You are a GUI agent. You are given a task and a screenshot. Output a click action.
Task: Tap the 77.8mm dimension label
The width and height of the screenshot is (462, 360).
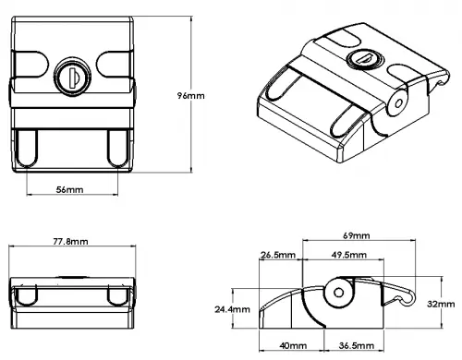pyautogui.click(x=70, y=241)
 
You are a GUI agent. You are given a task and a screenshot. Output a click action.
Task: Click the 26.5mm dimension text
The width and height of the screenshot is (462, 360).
pyautogui.click(x=278, y=255)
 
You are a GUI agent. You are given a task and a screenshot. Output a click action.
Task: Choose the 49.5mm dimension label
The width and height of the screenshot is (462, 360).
pyautogui.click(x=347, y=255)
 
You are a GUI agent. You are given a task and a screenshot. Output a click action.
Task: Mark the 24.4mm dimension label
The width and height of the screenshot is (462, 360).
pyautogui.click(x=231, y=308)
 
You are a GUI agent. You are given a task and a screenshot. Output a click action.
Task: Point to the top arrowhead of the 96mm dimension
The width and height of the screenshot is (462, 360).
pyautogui.click(x=191, y=15)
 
